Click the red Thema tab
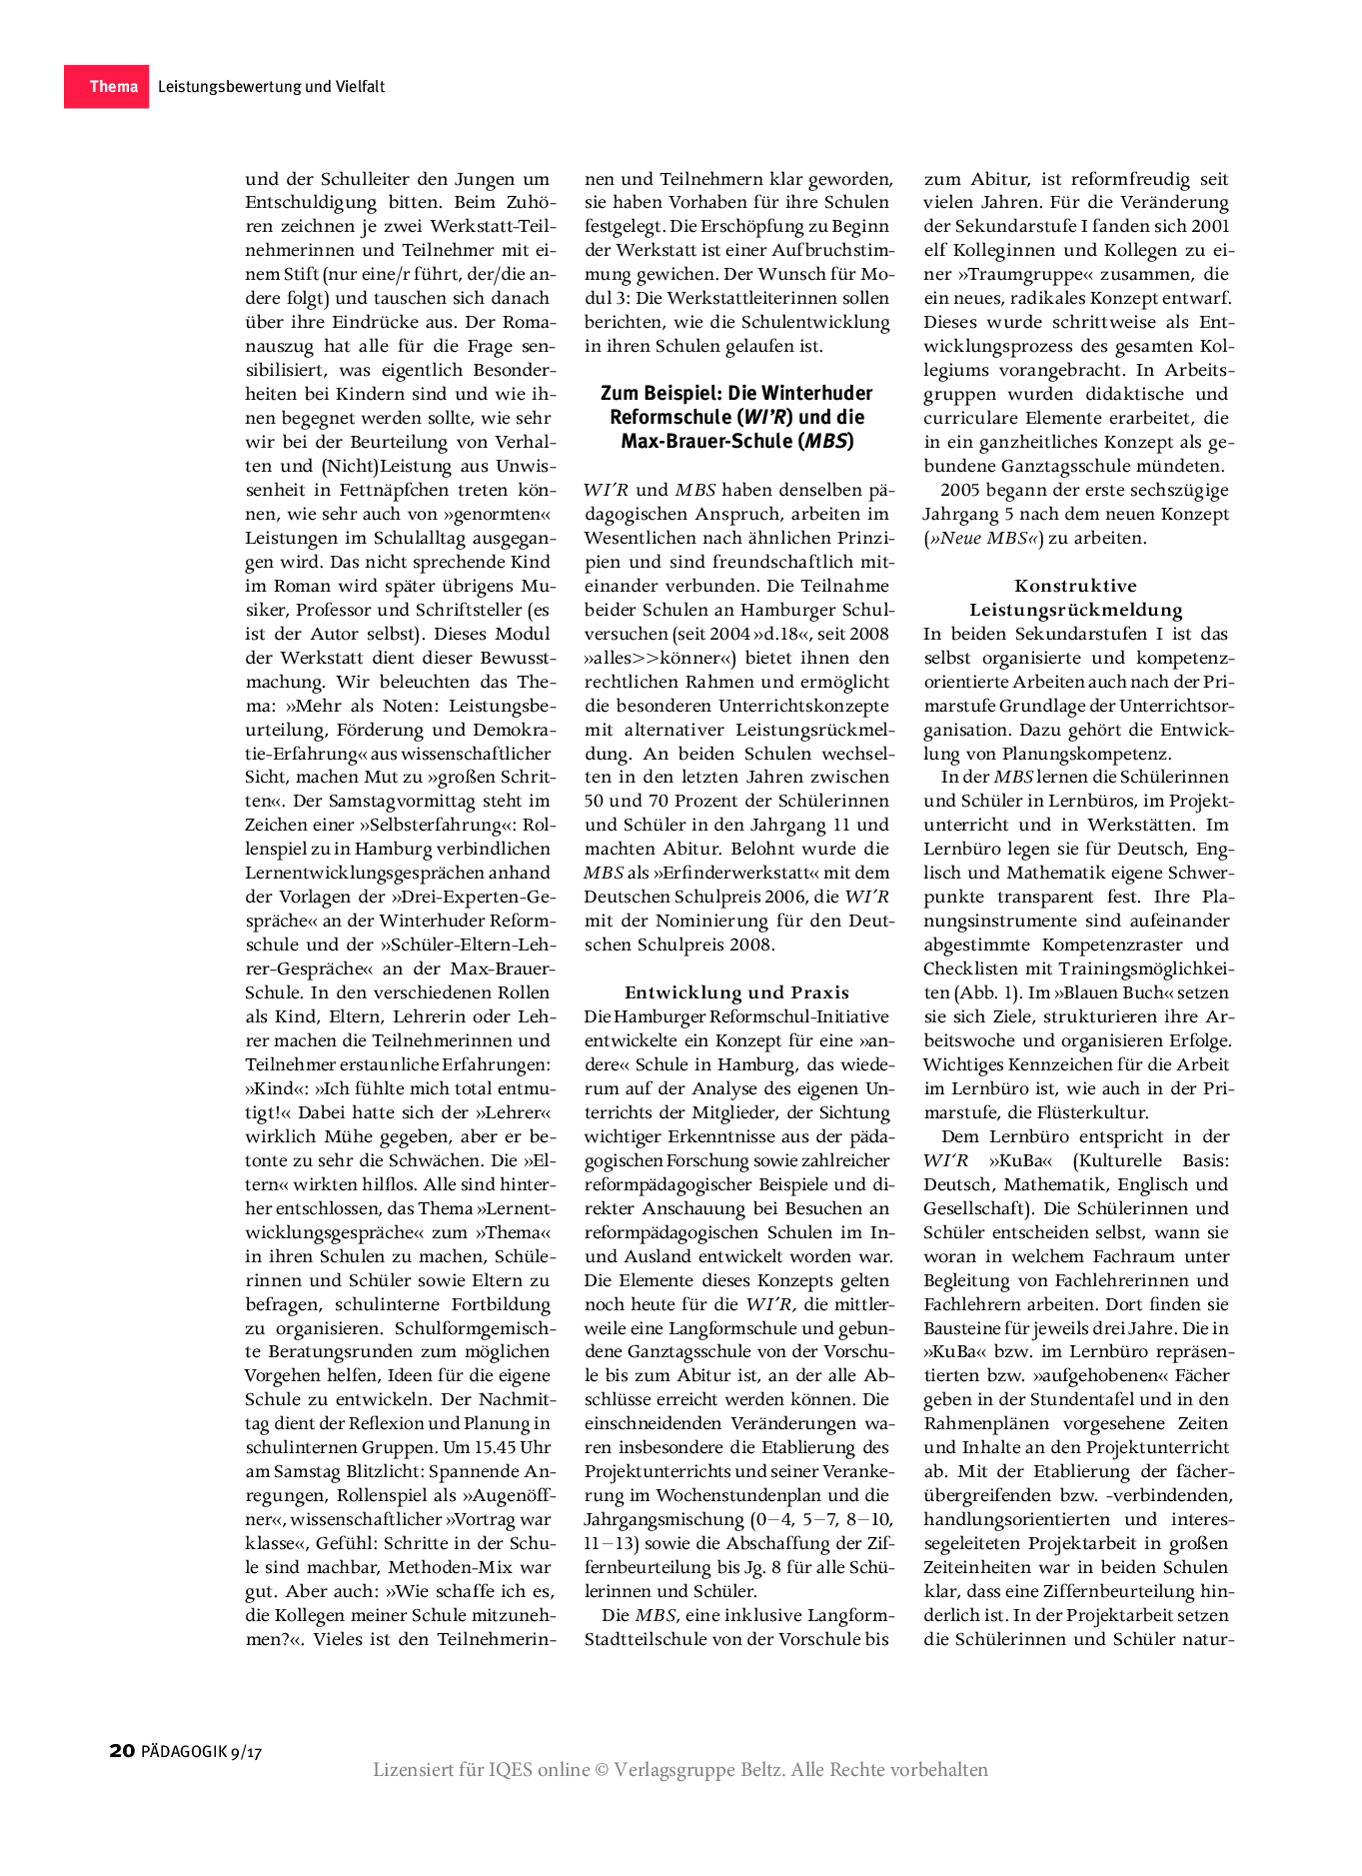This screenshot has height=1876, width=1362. click(x=107, y=87)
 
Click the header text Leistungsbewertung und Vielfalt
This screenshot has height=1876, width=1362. click(x=271, y=87)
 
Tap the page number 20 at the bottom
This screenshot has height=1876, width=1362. click(x=121, y=1750)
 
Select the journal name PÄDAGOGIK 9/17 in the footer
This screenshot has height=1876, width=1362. click(x=201, y=1751)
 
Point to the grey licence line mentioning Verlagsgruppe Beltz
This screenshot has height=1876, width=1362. click(x=680, y=1769)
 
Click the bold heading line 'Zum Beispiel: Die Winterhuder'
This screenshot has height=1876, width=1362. click(x=735, y=393)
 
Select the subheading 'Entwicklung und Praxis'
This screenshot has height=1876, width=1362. click(x=736, y=992)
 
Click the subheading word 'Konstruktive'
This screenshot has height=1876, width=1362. click(x=1075, y=586)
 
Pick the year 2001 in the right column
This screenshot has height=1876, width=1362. click(x=1210, y=226)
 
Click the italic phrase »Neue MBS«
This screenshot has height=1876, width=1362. click(x=984, y=538)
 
